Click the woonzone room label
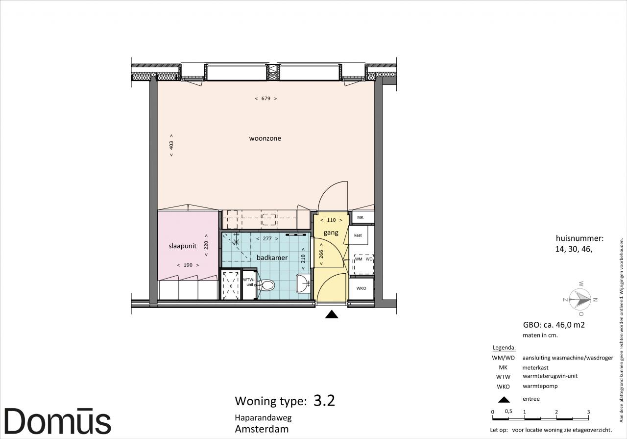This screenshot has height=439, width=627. click(265, 138)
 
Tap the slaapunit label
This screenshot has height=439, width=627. click(183, 246)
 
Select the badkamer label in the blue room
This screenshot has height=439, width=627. click(272, 258)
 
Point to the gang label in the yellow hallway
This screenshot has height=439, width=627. click(331, 232)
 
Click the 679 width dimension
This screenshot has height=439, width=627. click(266, 99)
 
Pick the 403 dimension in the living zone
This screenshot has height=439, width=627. click(171, 145)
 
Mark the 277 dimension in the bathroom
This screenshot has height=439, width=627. click(267, 238)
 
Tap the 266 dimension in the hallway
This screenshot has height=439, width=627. click(321, 254)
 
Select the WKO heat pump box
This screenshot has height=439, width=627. click(361, 288)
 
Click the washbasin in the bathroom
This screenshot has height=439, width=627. click(303, 284)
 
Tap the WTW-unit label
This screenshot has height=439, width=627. click(248, 282)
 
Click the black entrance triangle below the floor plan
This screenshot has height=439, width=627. click(332, 314)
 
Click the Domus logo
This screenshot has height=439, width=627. click(58, 421)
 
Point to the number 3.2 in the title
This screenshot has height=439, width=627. click(324, 400)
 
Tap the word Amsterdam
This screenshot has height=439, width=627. click(262, 429)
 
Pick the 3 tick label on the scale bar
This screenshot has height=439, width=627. click(588, 412)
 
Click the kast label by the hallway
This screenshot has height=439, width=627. click(358, 235)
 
